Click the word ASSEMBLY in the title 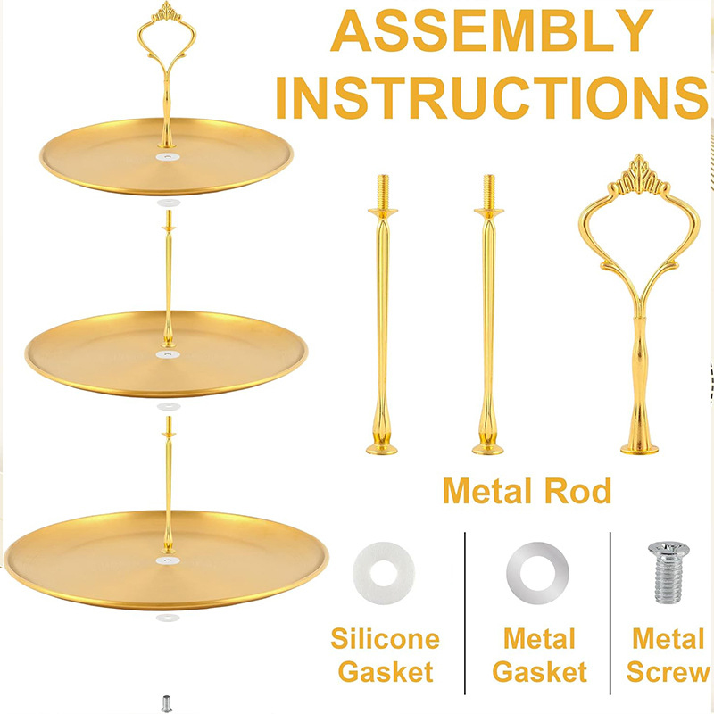coord(492,30)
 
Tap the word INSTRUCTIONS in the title coord(492,97)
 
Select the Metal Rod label coord(527,491)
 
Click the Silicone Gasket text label coord(386,655)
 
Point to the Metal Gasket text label coord(540,655)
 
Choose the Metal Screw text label coord(668,655)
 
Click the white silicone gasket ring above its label coord(384,573)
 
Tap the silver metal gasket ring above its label coord(537,573)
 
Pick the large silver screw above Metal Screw coord(668,572)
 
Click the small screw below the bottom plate coord(167,703)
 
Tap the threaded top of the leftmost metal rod coord(383,191)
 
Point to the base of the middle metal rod coord(487,449)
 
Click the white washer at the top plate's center coord(168,157)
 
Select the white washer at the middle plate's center coord(168,354)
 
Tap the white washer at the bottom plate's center coord(168,560)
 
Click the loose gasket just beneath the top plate coord(169,203)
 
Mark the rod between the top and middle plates coord(169,278)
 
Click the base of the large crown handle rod coord(639,449)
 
